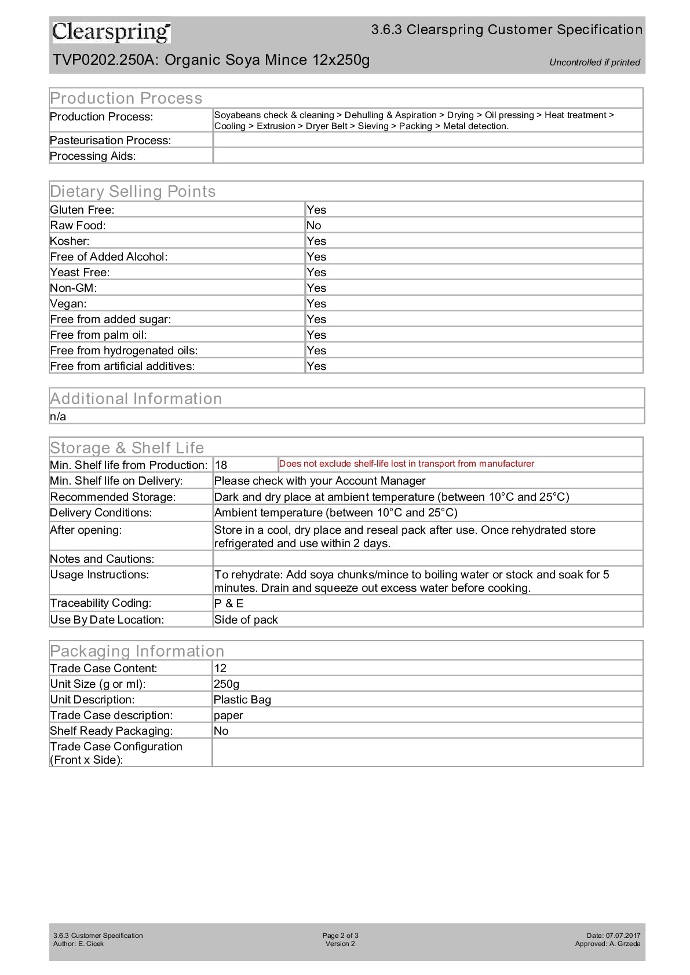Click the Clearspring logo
pyautogui.click(x=111, y=32)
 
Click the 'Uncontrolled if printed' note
pyautogui.click(x=594, y=63)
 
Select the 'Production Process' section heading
pyautogui.click(x=126, y=98)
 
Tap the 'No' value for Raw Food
pyautogui.click(x=313, y=226)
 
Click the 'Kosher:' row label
pyautogui.click(x=70, y=241)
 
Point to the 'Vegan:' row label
pyautogui.click(x=68, y=304)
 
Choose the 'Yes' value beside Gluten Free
pyautogui.click(x=316, y=210)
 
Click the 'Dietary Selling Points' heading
pyautogui.click(x=133, y=192)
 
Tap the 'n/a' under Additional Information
pyautogui.click(x=58, y=417)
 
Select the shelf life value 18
pyautogui.click(x=221, y=465)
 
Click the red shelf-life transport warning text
pyautogui.click(x=406, y=464)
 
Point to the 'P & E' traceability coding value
pyautogui.click(x=229, y=604)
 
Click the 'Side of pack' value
pyautogui.click(x=246, y=620)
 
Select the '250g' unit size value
pyautogui.click(x=227, y=684)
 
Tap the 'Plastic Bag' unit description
pyautogui.click(x=242, y=700)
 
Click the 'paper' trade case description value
pyautogui.click(x=228, y=716)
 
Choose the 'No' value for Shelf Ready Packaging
pyautogui.click(x=221, y=731)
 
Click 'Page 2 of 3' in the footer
pyautogui.click(x=340, y=936)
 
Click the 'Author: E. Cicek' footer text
pyautogui.click(x=79, y=944)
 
